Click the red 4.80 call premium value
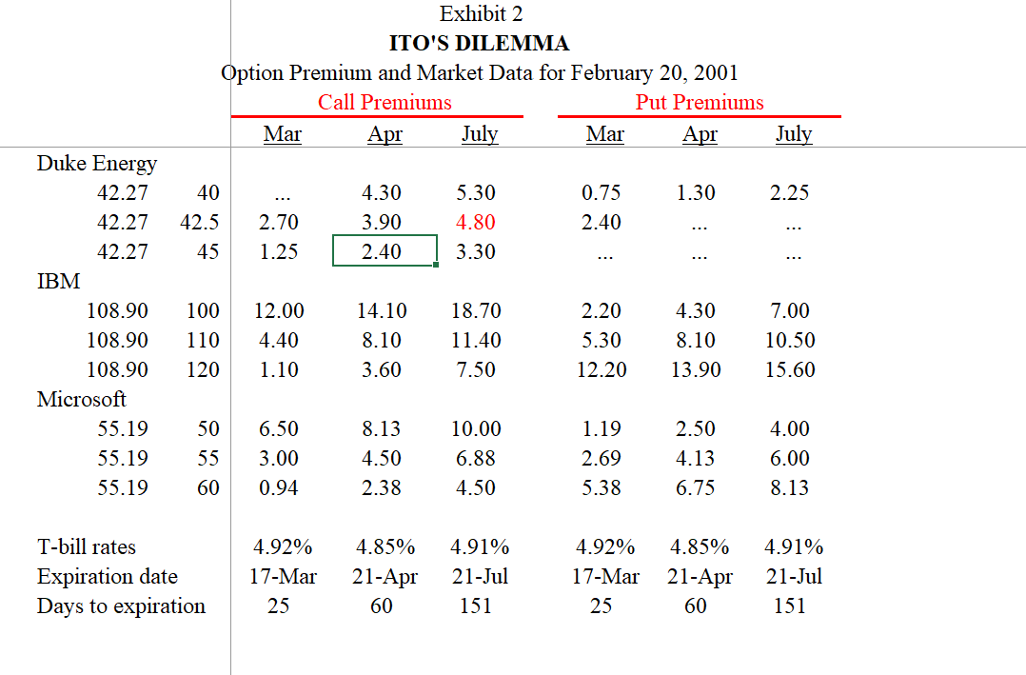click(476, 223)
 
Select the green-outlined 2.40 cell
click(384, 251)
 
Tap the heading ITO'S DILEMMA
click(480, 43)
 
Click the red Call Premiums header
click(385, 102)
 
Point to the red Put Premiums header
click(700, 102)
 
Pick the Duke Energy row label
click(97, 164)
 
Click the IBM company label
click(58, 281)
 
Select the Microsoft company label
click(82, 399)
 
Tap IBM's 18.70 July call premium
click(476, 311)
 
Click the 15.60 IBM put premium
click(790, 369)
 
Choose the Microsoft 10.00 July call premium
click(476, 429)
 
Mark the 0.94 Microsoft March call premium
click(278, 488)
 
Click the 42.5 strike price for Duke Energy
click(199, 223)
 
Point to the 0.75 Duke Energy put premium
click(602, 193)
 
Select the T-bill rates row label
click(87, 547)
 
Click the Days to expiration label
click(121, 606)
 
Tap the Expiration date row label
click(108, 577)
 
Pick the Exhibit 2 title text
click(481, 14)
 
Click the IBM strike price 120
click(203, 369)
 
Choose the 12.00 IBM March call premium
click(280, 311)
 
